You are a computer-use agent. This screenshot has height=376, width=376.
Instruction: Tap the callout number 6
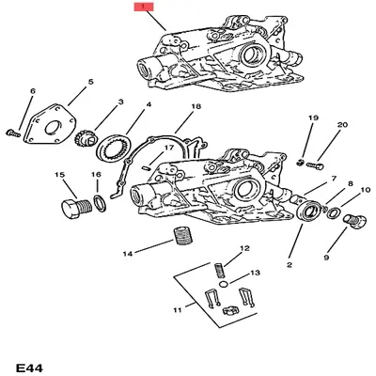click(x=32, y=91)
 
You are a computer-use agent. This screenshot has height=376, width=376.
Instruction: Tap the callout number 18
click(x=196, y=108)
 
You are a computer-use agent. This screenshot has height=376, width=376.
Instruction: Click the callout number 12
click(x=243, y=248)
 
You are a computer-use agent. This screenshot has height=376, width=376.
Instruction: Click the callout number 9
click(x=326, y=258)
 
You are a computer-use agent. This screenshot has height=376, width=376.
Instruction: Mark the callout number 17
click(x=167, y=148)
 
